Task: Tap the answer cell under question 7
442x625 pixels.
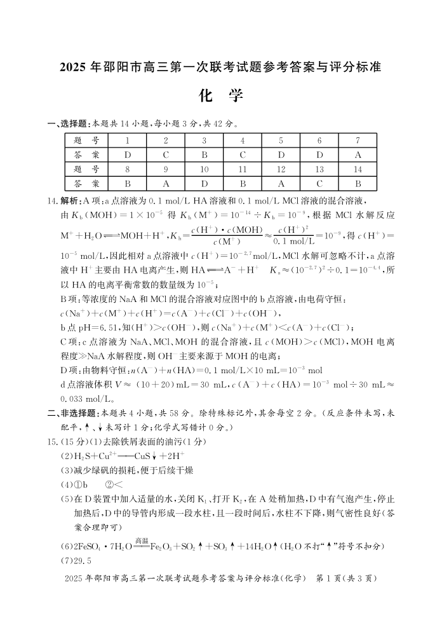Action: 358,154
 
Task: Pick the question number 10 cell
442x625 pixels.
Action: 204,168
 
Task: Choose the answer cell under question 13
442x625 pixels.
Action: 319,183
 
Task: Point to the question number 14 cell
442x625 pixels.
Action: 358,168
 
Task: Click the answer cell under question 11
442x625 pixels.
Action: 243,183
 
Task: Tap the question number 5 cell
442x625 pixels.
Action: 281,140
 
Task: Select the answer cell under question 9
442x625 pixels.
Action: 166,183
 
